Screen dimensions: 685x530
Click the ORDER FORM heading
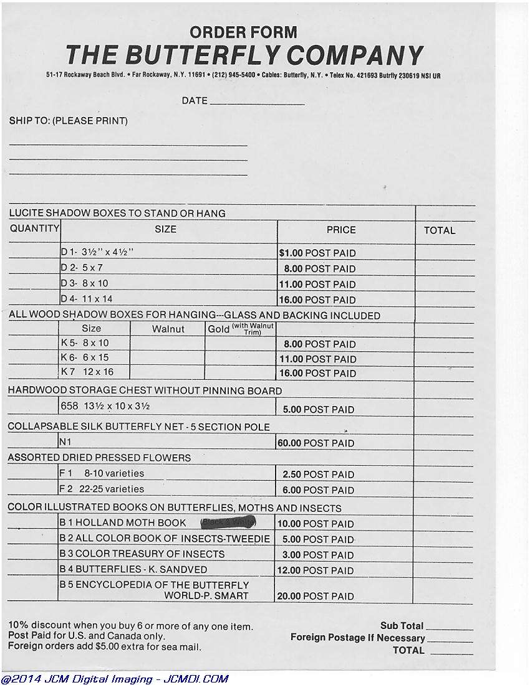pyautogui.click(x=243, y=32)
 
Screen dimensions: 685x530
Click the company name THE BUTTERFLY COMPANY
pyautogui.click(x=244, y=55)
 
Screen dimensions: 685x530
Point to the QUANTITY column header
pyautogui.click(x=34, y=229)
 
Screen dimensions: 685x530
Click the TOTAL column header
pyautogui.click(x=440, y=230)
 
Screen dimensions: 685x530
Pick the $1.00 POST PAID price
pyautogui.click(x=317, y=253)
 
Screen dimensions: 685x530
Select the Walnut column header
pyautogui.click(x=168, y=329)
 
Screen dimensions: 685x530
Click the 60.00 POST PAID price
pyautogui.click(x=316, y=443)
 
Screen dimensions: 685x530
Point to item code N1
pyautogui.click(x=65, y=442)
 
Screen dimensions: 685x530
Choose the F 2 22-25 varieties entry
pyautogui.click(x=101, y=489)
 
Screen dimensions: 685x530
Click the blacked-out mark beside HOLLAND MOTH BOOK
pyautogui.click(x=228, y=523)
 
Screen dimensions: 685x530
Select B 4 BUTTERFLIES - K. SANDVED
pyautogui.click(x=133, y=569)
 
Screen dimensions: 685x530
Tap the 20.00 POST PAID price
pyautogui.click(x=316, y=596)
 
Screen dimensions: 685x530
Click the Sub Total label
pyautogui.click(x=402, y=626)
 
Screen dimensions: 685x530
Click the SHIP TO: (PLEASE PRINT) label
pyautogui.click(x=68, y=121)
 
